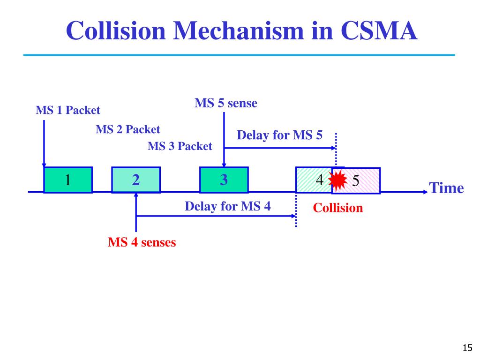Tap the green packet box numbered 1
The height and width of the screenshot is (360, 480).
point(68,180)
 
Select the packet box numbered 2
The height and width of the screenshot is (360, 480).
point(136,180)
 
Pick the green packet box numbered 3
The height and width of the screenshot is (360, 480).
point(224,180)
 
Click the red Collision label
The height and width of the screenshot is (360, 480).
point(338,208)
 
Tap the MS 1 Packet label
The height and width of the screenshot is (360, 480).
point(68,111)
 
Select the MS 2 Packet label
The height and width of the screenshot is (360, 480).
point(127,129)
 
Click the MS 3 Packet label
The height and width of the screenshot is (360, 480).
point(180,146)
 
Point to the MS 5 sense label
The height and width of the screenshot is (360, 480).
point(226,103)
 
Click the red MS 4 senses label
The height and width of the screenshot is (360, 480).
point(142,242)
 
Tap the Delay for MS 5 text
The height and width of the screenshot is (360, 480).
point(280,135)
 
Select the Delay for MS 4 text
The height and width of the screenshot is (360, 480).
point(228,206)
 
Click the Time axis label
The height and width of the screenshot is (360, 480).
point(447,188)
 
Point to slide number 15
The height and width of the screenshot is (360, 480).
point(466,347)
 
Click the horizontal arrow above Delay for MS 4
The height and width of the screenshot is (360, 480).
point(216,216)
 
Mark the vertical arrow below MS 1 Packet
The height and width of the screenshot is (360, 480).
point(44,143)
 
